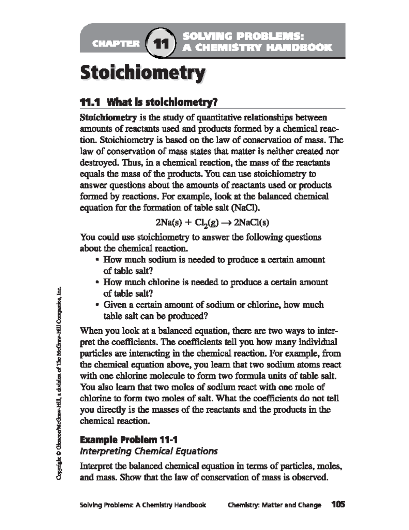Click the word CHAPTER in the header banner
click(116, 44)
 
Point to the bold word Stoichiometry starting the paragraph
click(108, 118)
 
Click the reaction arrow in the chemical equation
click(226, 223)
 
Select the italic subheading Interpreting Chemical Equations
click(148, 451)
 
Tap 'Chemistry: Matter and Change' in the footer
click(274, 505)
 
